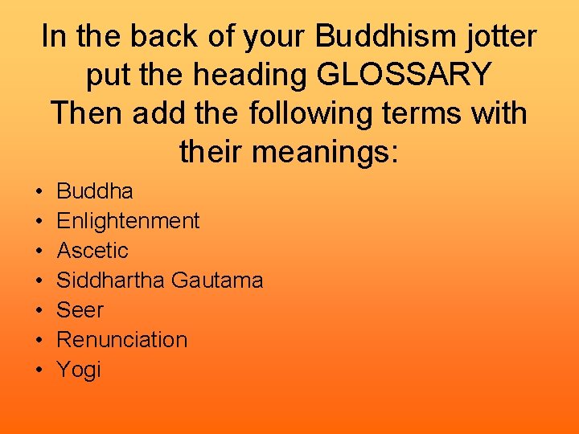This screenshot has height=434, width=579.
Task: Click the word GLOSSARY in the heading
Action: point(404,75)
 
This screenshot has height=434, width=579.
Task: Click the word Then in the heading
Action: point(86,113)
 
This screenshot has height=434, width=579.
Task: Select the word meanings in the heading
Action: point(335,151)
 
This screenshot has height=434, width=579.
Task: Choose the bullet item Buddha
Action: point(95,191)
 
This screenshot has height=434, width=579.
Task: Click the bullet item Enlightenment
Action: point(128,221)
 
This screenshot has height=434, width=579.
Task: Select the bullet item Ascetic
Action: point(92,251)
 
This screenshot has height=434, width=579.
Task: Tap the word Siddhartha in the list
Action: point(111,280)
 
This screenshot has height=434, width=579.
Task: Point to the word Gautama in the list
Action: point(217,280)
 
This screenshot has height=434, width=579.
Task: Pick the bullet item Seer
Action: point(80,310)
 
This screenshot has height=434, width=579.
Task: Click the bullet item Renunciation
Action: point(121,340)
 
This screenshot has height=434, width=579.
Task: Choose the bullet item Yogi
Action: point(79,370)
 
